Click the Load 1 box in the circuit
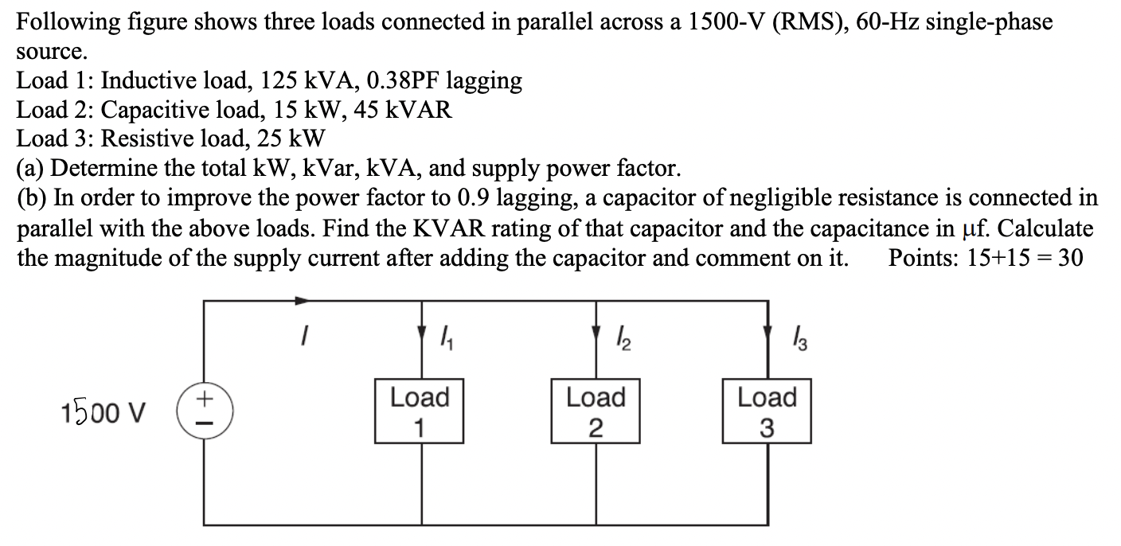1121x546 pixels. [x=420, y=411]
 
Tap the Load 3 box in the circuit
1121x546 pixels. [x=767, y=411]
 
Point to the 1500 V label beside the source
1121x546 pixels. [x=103, y=413]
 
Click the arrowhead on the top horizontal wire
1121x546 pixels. [x=302, y=302]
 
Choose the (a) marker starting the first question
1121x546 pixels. [x=31, y=168]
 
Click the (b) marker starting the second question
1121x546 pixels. [x=32, y=197]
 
